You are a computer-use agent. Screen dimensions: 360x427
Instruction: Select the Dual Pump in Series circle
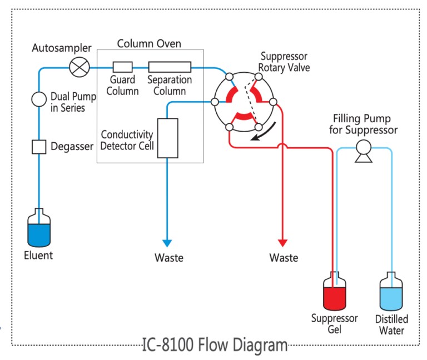[39, 99]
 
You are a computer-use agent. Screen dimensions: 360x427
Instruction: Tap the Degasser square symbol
[38, 147]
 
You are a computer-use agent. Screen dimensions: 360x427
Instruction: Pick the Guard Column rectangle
[122, 67]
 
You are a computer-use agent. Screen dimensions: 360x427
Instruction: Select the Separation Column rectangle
[169, 67]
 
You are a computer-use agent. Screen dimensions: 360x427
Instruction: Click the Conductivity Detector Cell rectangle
[167, 137]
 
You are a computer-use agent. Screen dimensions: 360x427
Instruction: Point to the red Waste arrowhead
[282, 243]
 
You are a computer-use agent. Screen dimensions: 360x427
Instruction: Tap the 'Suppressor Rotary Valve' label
[284, 62]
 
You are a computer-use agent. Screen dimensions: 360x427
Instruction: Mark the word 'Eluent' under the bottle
[38, 256]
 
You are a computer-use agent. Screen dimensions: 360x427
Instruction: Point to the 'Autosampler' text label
[61, 48]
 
